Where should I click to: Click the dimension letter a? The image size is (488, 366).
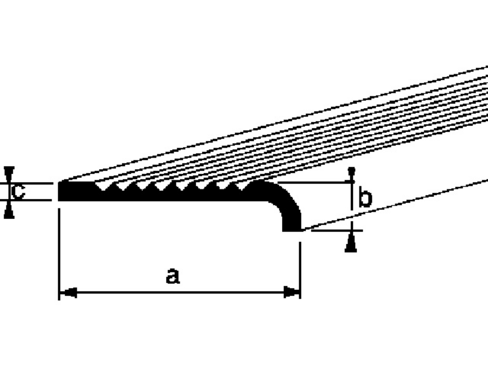pos(173,276)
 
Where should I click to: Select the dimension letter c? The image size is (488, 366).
pos(18,192)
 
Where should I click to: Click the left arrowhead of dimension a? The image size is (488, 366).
pos(67,293)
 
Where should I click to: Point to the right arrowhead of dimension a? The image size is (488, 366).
pos(293,293)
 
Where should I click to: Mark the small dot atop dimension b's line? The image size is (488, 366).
pos(351,170)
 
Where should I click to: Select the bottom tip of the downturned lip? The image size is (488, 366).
pos(292,230)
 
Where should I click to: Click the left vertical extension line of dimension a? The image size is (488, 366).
pos(60,247)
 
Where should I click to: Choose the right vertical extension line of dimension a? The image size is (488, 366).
pos(300,262)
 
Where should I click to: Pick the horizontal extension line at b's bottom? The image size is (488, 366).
pos(334,230)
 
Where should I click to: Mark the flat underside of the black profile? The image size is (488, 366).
pos(170,199)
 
